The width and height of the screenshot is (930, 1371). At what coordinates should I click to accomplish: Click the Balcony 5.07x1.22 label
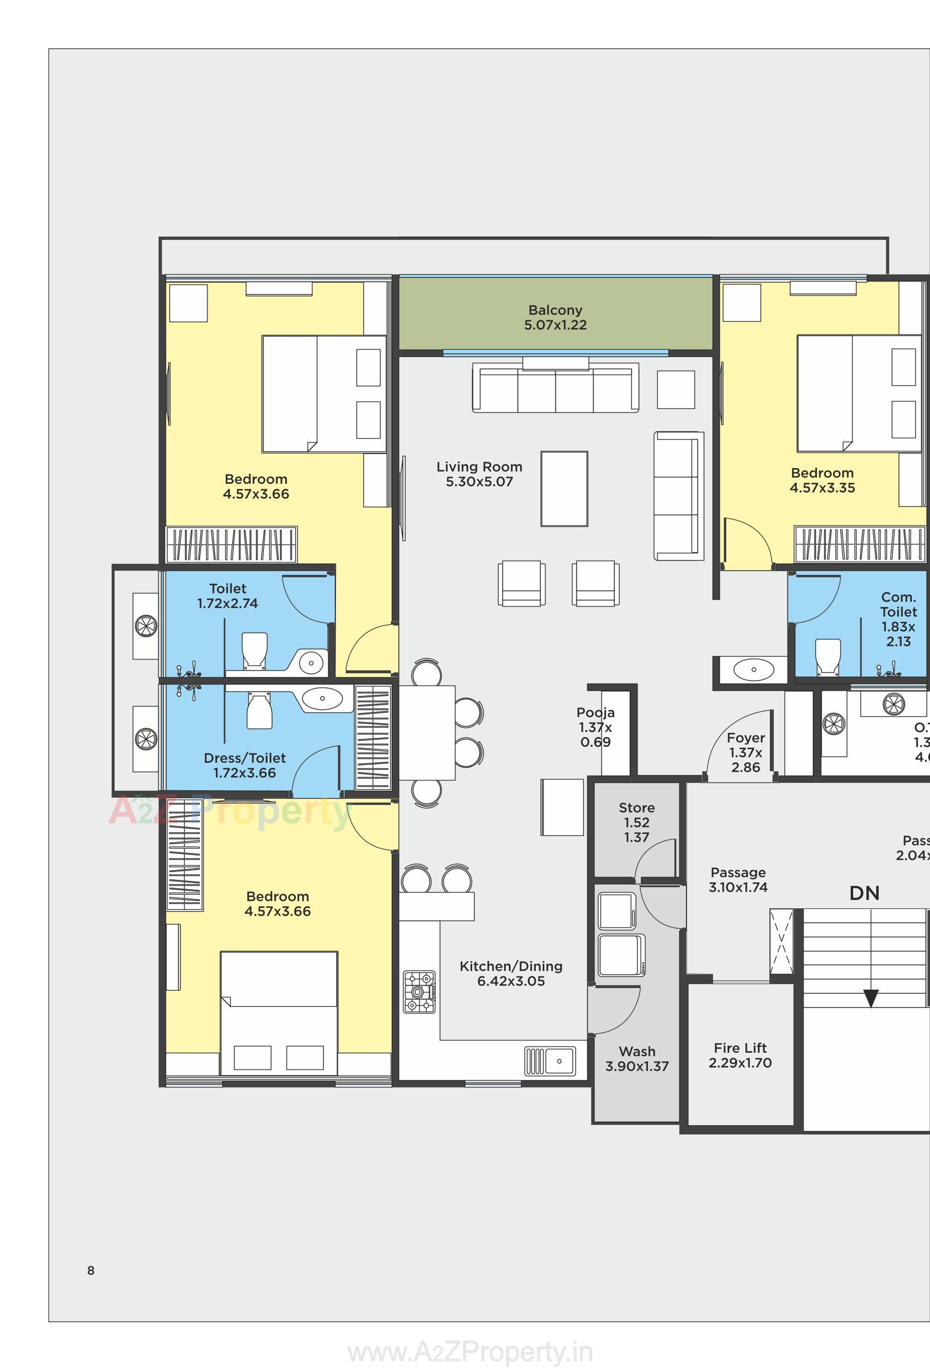(555, 317)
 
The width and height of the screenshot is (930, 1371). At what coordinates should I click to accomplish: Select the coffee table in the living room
(564, 489)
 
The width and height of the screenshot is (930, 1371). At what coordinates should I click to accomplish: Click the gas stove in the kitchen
(419, 993)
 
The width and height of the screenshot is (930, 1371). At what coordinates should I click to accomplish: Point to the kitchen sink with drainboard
(550, 1061)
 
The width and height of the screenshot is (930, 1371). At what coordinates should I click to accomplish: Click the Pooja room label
(596, 728)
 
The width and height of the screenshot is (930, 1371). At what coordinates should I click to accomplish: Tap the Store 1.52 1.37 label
(636, 823)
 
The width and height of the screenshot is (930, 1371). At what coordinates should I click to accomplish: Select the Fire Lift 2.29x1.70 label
(740, 1055)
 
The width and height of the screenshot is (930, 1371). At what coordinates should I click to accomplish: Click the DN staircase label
(864, 893)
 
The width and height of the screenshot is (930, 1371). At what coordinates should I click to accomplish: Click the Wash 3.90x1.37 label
(637, 1059)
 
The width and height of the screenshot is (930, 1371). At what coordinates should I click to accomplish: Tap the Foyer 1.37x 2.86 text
(745, 753)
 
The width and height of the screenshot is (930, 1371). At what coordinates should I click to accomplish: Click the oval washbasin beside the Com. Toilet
(754, 669)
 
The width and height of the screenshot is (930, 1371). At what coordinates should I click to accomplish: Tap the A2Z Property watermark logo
(230, 812)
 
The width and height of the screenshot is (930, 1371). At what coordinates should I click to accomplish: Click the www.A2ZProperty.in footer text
(470, 1352)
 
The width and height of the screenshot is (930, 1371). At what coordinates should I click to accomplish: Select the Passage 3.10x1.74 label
(738, 879)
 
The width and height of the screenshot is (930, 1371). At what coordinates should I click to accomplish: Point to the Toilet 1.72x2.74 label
(228, 596)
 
